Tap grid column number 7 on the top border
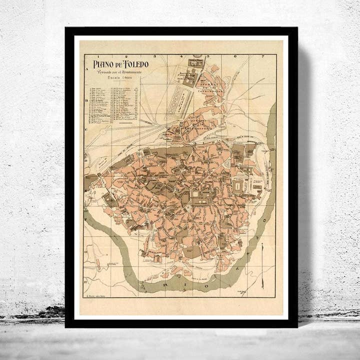(x=262, y=56)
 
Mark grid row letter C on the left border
(x=86, y=129)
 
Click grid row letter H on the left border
(x=86, y=281)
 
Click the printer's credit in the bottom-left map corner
(x=95, y=295)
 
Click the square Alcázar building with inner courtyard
(x=237, y=186)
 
